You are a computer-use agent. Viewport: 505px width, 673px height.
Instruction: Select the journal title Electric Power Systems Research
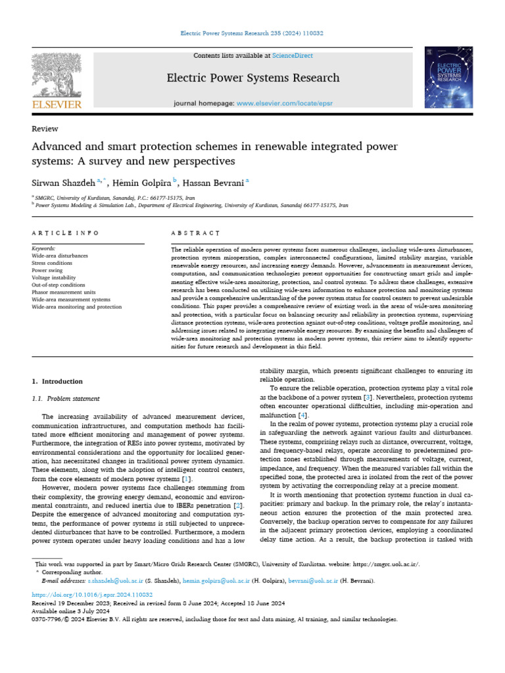[x=252, y=78]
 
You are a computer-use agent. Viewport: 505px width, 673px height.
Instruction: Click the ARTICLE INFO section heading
[x=66, y=233]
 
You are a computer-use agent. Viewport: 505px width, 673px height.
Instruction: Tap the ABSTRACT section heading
[x=195, y=233]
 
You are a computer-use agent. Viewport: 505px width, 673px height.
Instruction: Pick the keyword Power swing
[x=49, y=270]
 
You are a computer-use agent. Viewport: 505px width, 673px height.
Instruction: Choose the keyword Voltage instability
[x=55, y=278]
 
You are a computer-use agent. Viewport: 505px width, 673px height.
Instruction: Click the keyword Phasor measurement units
[x=64, y=292]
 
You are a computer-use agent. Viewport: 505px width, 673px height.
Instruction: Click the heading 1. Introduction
[x=58, y=381]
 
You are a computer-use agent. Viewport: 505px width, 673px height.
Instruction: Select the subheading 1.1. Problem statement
[x=66, y=398]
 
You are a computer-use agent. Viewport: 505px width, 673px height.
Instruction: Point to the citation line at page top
[x=252, y=33]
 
